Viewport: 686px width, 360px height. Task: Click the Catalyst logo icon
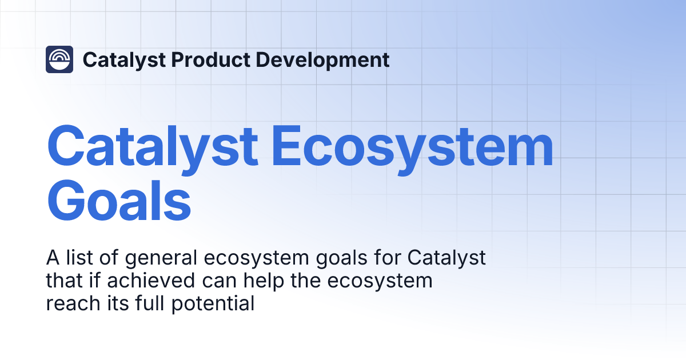(59, 59)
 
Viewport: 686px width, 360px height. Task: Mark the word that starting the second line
(61, 281)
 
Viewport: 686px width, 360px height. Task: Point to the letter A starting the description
(52, 258)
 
